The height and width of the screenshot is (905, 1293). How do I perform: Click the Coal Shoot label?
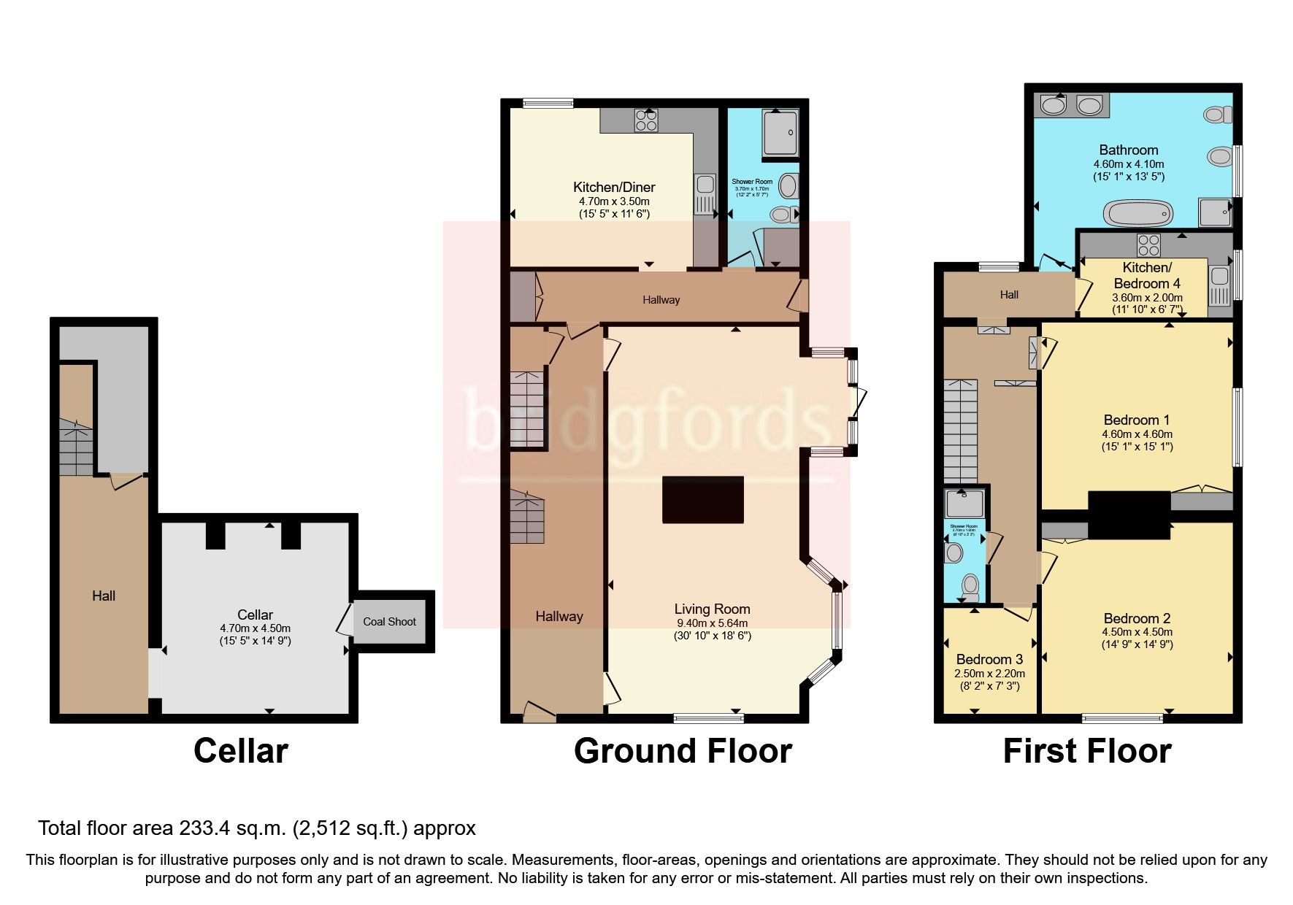(389, 622)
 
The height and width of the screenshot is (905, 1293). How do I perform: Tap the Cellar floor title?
(240, 751)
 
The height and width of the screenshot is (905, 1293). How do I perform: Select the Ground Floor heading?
(682, 751)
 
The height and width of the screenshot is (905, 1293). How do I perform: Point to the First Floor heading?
(1086, 751)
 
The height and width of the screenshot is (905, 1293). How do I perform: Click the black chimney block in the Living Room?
(702, 499)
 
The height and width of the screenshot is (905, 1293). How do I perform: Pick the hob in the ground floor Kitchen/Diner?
(646, 120)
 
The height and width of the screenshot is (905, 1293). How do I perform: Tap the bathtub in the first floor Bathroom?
(1138, 214)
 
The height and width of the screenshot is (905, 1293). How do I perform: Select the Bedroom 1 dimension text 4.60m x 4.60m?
(1137, 434)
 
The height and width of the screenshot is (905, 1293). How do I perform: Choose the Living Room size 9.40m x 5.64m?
(712, 623)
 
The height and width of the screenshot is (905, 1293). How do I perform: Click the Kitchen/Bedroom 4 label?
(1146, 275)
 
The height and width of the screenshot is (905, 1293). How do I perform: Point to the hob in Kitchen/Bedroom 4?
(1148, 243)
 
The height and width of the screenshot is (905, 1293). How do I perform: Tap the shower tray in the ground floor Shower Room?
(780, 132)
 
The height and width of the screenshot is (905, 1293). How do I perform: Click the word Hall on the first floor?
(1009, 295)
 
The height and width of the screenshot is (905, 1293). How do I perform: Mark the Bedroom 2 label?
(1137, 618)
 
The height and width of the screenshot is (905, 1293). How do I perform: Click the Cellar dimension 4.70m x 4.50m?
(255, 628)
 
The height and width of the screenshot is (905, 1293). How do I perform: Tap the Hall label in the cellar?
(104, 596)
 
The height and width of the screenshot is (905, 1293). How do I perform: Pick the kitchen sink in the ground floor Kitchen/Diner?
(705, 194)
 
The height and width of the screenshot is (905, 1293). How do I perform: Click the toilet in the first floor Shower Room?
(970, 585)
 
